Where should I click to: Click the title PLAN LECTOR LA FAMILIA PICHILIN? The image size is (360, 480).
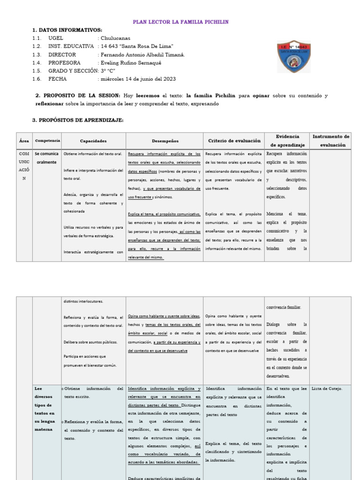(181, 22)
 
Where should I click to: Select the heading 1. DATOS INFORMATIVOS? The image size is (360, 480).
(67, 30)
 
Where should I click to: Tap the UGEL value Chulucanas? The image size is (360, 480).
(114, 38)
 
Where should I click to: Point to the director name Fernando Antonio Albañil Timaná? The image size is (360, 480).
(141, 54)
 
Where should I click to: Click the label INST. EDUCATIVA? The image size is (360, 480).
(71, 46)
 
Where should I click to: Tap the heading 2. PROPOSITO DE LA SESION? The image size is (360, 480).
(78, 96)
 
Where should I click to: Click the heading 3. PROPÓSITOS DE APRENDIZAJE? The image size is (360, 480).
(78, 120)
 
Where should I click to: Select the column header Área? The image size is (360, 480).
(24, 141)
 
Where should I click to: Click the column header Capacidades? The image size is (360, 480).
(93, 141)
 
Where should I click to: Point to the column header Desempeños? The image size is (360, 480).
(165, 141)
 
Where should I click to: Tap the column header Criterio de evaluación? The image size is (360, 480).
(234, 141)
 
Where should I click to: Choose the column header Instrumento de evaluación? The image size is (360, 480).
(330, 141)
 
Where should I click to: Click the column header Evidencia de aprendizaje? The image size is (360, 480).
(287, 141)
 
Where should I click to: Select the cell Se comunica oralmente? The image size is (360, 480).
(47, 158)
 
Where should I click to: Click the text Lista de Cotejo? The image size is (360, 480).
(327, 389)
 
